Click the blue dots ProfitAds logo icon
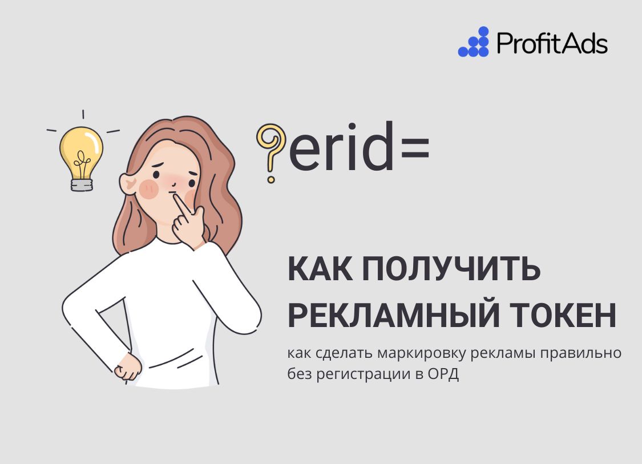(x=474, y=42)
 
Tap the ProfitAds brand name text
(x=552, y=43)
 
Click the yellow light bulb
(x=82, y=150)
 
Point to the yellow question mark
(x=270, y=148)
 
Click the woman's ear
(x=129, y=182)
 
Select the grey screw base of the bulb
(x=81, y=184)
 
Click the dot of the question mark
(x=271, y=179)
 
